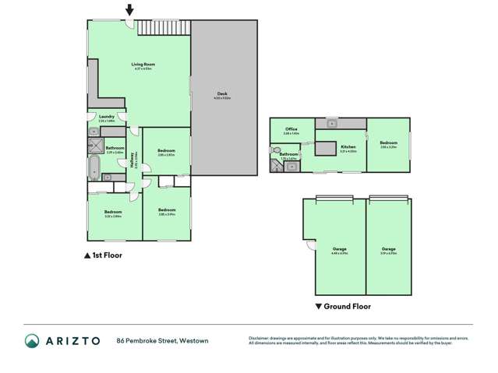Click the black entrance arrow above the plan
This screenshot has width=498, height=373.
(x=129, y=9)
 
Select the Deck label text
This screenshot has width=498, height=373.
(x=222, y=93)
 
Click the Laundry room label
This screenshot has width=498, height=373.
(x=107, y=117)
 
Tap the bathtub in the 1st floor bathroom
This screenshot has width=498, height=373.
(x=95, y=167)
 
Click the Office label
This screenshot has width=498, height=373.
(x=291, y=129)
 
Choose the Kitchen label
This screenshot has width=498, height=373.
(x=348, y=147)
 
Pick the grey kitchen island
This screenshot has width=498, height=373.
(x=324, y=147)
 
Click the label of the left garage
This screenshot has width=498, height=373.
(x=339, y=249)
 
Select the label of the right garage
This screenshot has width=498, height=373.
(x=389, y=249)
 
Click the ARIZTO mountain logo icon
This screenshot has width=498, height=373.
(x=32, y=340)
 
